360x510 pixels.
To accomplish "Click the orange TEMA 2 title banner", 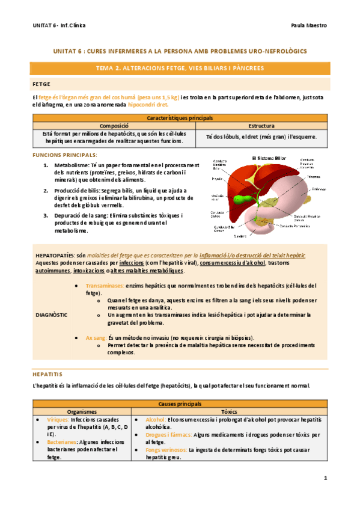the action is click(180, 69).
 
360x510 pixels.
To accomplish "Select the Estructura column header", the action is click(261, 126).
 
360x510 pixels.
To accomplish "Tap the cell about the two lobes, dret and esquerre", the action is click(261, 137).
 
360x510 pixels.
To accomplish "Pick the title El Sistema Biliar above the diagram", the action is click(268, 158).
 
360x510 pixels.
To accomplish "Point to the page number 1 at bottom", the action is click(325, 478).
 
